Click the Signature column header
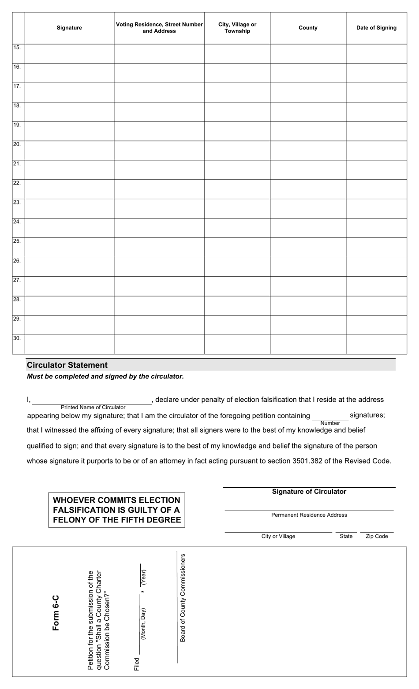pos(69,28)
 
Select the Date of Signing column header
pos(376,28)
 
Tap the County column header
pos(308,28)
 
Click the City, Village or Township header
pos(237,28)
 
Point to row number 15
pos(17,48)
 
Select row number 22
pos(17,183)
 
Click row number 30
pos(17,338)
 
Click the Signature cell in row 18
pos(69,112)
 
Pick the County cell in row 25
pos(308,248)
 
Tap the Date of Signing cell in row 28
pos(376,306)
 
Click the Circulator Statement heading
pos(67,365)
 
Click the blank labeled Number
pos(330,416)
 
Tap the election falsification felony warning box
pos(117,510)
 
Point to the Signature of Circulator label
pos(309,492)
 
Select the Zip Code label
pos(377,536)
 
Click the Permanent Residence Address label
pos(309,515)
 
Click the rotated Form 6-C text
pos(56,613)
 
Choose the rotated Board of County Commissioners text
pos(183,598)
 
